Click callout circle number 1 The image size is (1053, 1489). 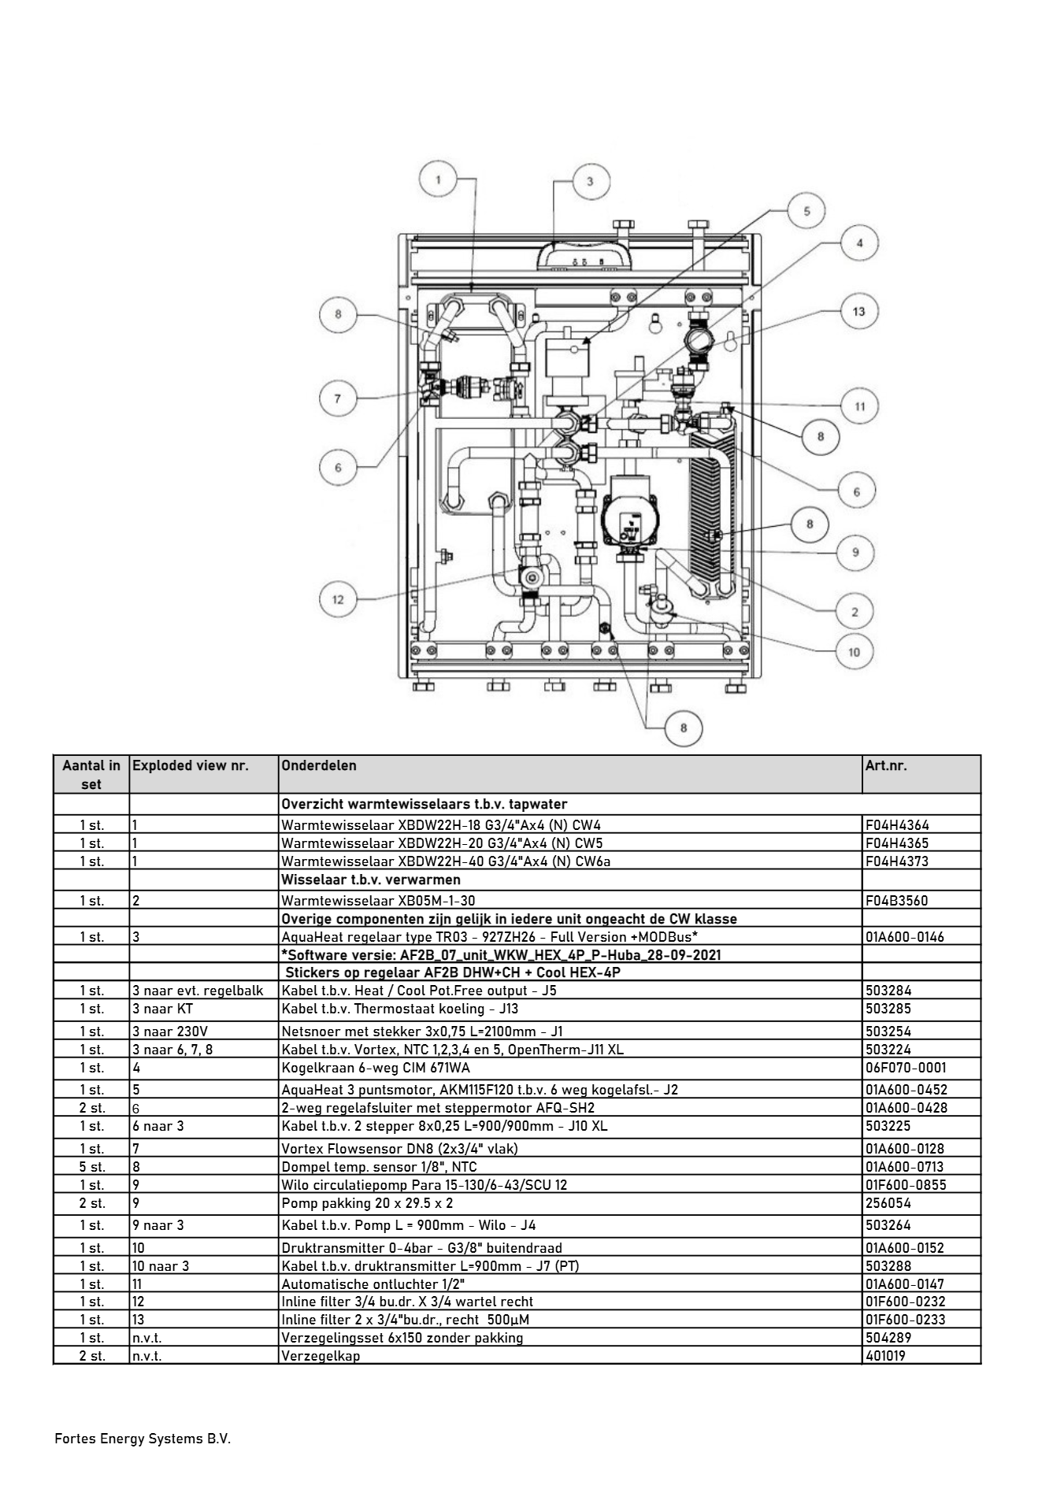439,180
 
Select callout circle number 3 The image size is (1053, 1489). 590,181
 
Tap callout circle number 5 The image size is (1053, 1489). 806,211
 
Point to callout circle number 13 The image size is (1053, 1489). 858,311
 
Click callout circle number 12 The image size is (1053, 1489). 338,599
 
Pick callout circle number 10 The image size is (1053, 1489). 854,651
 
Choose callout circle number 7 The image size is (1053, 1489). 338,398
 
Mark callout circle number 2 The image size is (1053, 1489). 855,611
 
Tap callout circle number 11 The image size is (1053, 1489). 859,406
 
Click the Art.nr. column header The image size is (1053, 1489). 886,765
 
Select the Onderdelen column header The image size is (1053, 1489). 319,765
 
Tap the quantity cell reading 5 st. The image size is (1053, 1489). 91,1167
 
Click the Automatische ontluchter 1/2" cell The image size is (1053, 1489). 373,1283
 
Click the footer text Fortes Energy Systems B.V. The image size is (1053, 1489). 143,1439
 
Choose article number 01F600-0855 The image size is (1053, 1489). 906,1185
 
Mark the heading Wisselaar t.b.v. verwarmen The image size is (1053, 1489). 371,880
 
